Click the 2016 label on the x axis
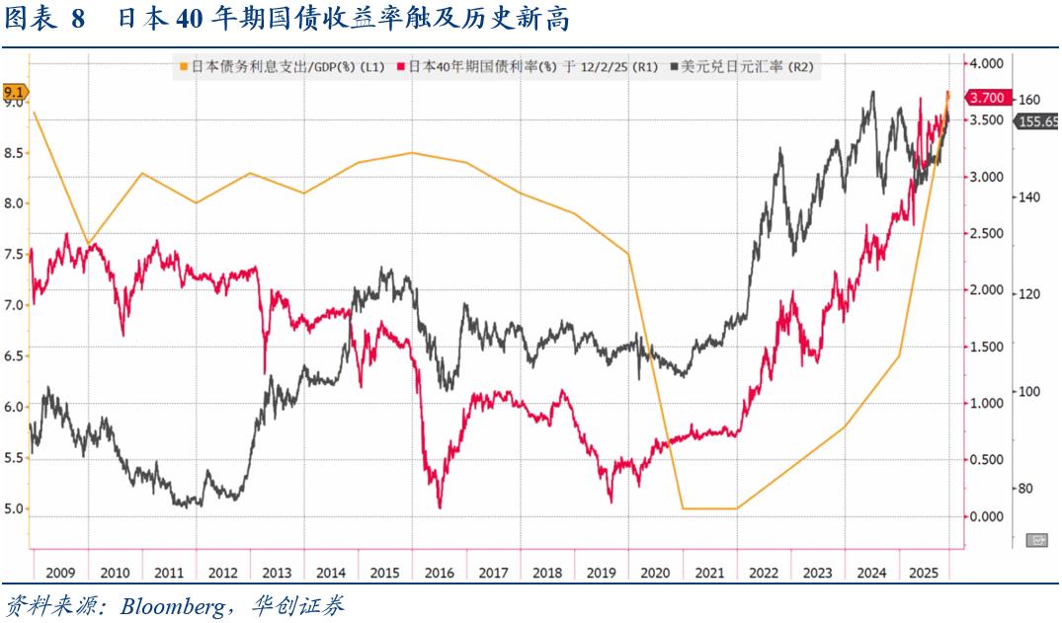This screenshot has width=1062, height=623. [x=438, y=573]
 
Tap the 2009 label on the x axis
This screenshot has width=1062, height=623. [x=60, y=573]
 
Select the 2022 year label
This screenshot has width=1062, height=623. [x=763, y=573]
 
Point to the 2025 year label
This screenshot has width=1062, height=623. [x=924, y=573]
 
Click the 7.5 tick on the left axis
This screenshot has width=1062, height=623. [x=14, y=254]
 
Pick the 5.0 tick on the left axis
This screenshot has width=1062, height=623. [x=14, y=509]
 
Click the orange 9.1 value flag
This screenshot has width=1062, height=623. [x=15, y=92]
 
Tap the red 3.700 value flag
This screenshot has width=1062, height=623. [x=987, y=98]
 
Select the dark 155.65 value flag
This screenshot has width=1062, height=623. [x=1037, y=121]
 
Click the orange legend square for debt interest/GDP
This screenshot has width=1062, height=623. [x=184, y=67]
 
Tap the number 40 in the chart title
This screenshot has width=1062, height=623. [x=162, y=19]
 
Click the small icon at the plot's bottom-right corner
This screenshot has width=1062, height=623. [x=1037, y=540]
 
